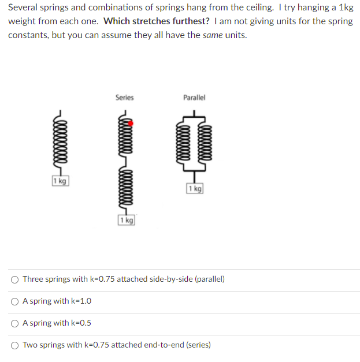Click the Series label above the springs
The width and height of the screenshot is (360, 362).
124,98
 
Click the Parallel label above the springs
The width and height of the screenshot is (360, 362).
194,98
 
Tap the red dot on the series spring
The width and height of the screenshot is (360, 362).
131,123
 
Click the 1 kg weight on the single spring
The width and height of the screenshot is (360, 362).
60,181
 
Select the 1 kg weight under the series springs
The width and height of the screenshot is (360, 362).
126,220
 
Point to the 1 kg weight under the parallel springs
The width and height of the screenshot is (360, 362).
195,189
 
